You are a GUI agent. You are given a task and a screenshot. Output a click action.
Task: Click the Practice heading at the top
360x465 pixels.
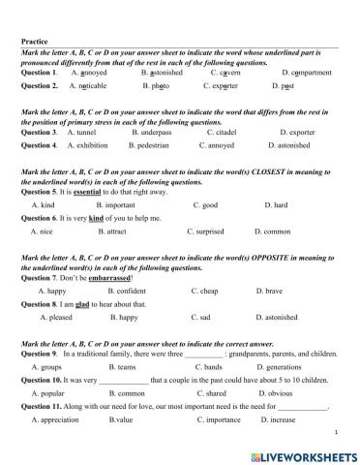click(36, 41)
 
